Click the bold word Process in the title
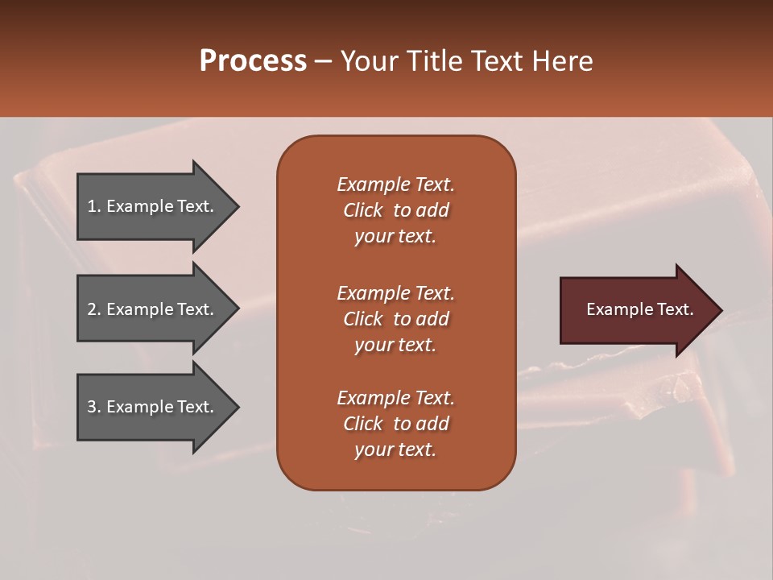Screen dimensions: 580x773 point(253,61)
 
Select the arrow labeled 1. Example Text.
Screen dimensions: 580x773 point(153,206)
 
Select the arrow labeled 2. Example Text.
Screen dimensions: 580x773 point(153,309)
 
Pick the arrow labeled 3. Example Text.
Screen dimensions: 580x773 point(153,407)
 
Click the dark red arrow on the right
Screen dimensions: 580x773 point(636,309)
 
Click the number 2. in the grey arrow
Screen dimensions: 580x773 point(94,309)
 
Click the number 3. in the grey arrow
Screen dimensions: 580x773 point(94,407)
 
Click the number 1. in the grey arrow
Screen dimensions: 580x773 point(94,206)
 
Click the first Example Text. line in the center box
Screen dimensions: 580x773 point(395,184)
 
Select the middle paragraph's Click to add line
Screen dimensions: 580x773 point(395,319)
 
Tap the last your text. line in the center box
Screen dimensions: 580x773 point(395,449)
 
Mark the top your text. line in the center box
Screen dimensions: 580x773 point(395,236)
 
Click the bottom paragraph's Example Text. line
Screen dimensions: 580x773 point(395,398)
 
